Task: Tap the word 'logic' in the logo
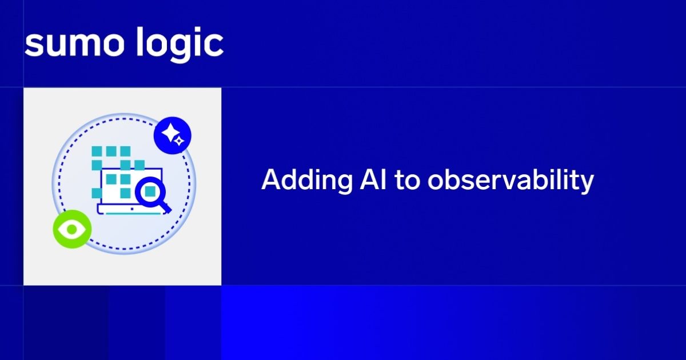[x=181, y=44]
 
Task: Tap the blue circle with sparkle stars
[x=172, y=136]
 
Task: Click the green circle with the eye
[x=72, y=229]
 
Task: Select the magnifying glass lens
[x=150, y=190]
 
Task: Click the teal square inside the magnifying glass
[x=150, y=190]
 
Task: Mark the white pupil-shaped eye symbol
[x=72, y=229]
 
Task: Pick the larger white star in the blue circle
[x=169, y=134]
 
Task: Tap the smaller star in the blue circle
[x=179, y=141]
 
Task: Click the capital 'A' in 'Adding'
[x=271, y=180]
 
